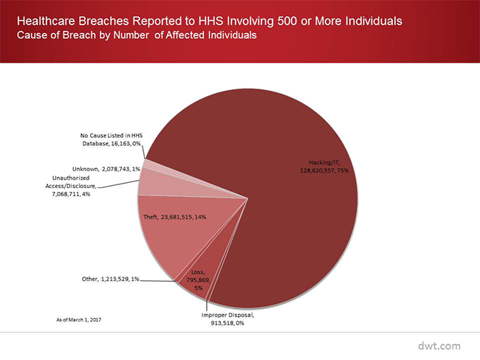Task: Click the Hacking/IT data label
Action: (324, 165)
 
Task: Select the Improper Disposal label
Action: (227, 318)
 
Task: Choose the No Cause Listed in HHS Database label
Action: (110, 139)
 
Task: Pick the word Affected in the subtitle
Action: (191, 35)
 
